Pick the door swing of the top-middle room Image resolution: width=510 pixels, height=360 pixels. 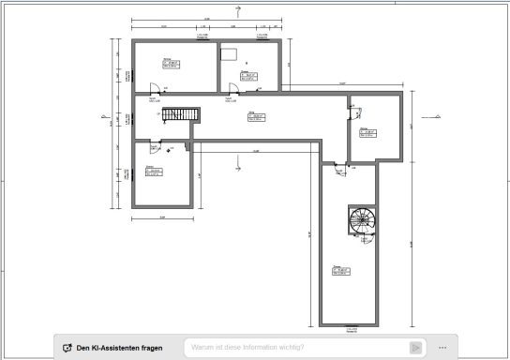[x=233, y=87]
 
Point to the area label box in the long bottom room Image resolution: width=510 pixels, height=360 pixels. [x=342, y=272]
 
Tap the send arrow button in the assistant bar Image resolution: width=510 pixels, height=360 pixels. [x=415, y=348]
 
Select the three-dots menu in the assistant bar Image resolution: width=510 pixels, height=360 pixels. [x=442, y=348]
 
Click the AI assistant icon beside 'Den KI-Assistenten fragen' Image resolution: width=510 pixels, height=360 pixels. [x=67, y=348]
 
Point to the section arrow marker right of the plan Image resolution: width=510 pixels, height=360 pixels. [x=438, y=116]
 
